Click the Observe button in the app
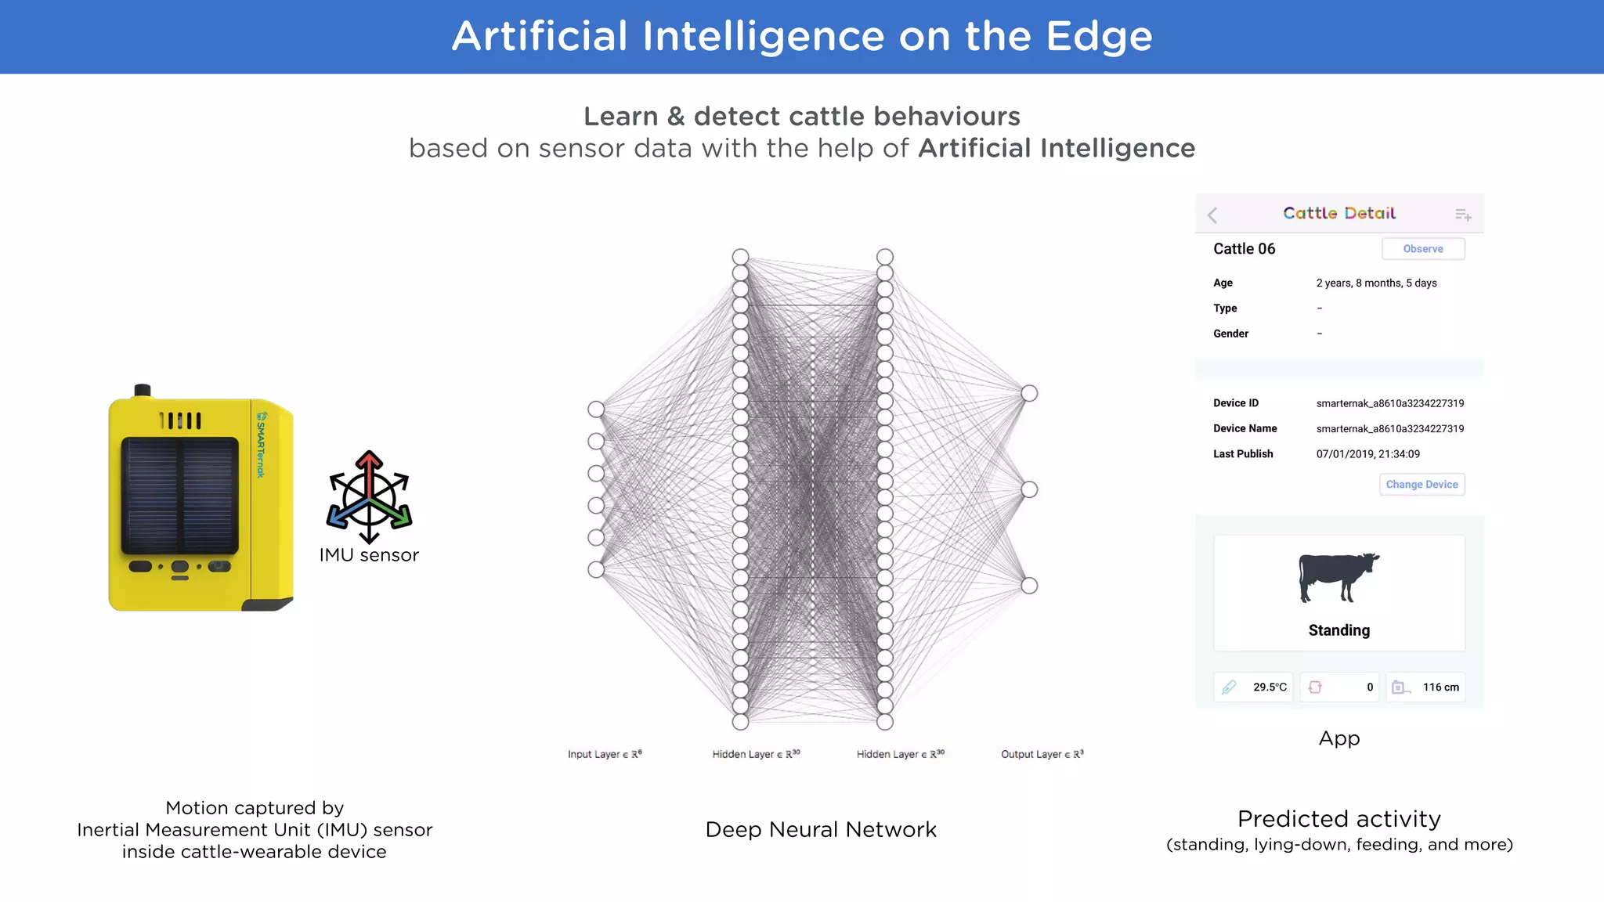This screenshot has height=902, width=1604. pos(1422,249)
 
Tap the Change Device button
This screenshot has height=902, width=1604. pos(1422,485)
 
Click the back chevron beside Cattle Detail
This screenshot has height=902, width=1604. pos(1212,215)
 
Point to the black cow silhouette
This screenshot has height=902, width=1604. pos(1338,577)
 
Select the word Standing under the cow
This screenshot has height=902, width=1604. pos(1338,630)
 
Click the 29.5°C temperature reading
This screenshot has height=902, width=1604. pos(1270,687)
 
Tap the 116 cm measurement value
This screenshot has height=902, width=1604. pos(1440,687)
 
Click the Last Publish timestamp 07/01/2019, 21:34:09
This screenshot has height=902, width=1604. pos(1367,454)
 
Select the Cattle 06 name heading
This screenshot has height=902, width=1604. pos(1244,249)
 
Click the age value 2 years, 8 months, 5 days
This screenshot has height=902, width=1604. pos(1376,283)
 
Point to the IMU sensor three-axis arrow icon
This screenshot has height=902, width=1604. pos(369,496)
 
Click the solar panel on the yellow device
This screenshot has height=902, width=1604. pos(179,495)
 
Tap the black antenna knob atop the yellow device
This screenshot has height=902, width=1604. pos(143,390)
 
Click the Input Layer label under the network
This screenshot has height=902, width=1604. pos(605,754)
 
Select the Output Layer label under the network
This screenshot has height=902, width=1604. pos(1042,754)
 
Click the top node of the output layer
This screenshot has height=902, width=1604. pos(1029,393)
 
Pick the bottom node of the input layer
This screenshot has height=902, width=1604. pos(596,569)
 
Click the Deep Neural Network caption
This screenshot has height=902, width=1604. pos(820,829)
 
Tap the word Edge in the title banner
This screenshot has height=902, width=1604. pos(1099,36)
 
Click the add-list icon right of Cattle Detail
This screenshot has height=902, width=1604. pos(1462,215)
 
